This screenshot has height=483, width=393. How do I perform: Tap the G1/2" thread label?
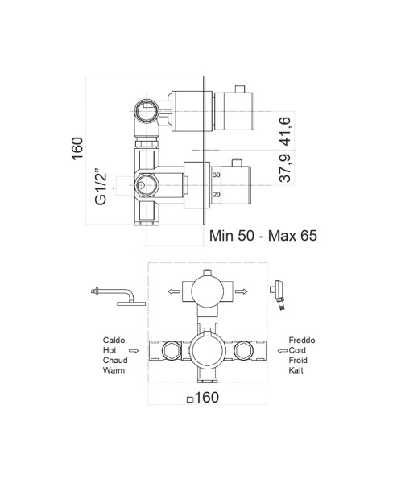click(101, 186)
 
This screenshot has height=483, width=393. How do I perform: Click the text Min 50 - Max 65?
click(263, 236)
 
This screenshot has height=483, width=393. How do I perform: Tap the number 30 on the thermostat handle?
click(217, 175)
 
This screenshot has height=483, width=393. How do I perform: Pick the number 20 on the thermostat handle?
click(217, 194)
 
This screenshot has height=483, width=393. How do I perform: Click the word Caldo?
click(114, 341)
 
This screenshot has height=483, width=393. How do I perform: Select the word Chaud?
click(114, 361)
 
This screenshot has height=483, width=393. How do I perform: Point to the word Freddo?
click(301, 341)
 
